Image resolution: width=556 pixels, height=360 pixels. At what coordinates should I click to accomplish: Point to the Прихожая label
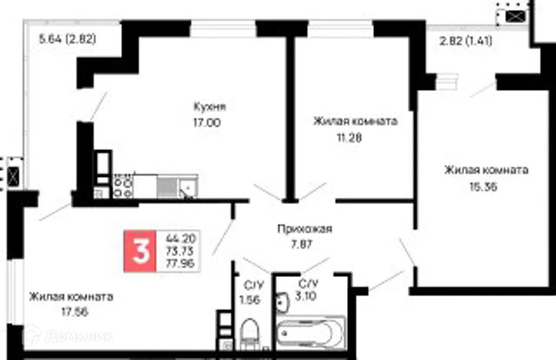pyautogui.click(x=305, y=229)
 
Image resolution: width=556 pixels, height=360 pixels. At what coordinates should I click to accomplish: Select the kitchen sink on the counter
pyautogui.click(x=188, y=186)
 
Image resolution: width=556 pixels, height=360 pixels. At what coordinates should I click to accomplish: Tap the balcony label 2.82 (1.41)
pyautogui.click(x=465, y=41)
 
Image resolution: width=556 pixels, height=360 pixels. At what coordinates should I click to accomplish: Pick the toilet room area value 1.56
pyautogui.click(x=249, y=300)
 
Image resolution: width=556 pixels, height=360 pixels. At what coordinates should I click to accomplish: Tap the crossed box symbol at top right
pyautogui.click(x=515, y=17)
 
